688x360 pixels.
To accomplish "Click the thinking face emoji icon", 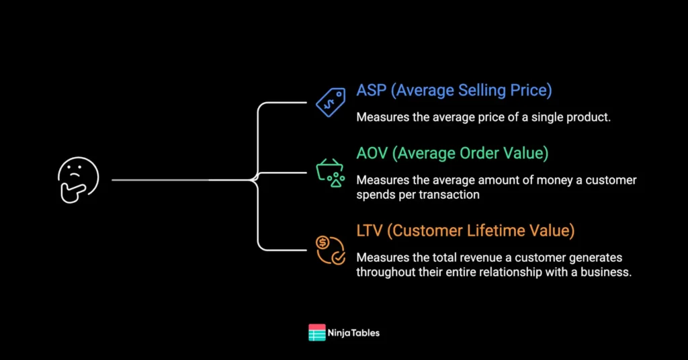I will click(78, 180).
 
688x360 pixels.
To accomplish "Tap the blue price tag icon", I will click(331, 103).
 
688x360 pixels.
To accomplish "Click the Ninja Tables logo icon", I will click(316, 332).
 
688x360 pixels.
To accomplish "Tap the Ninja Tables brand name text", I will click(354, 332).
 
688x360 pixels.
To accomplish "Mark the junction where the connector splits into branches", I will click(255, 180).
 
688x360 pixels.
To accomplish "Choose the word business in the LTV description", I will click(607, 272).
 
